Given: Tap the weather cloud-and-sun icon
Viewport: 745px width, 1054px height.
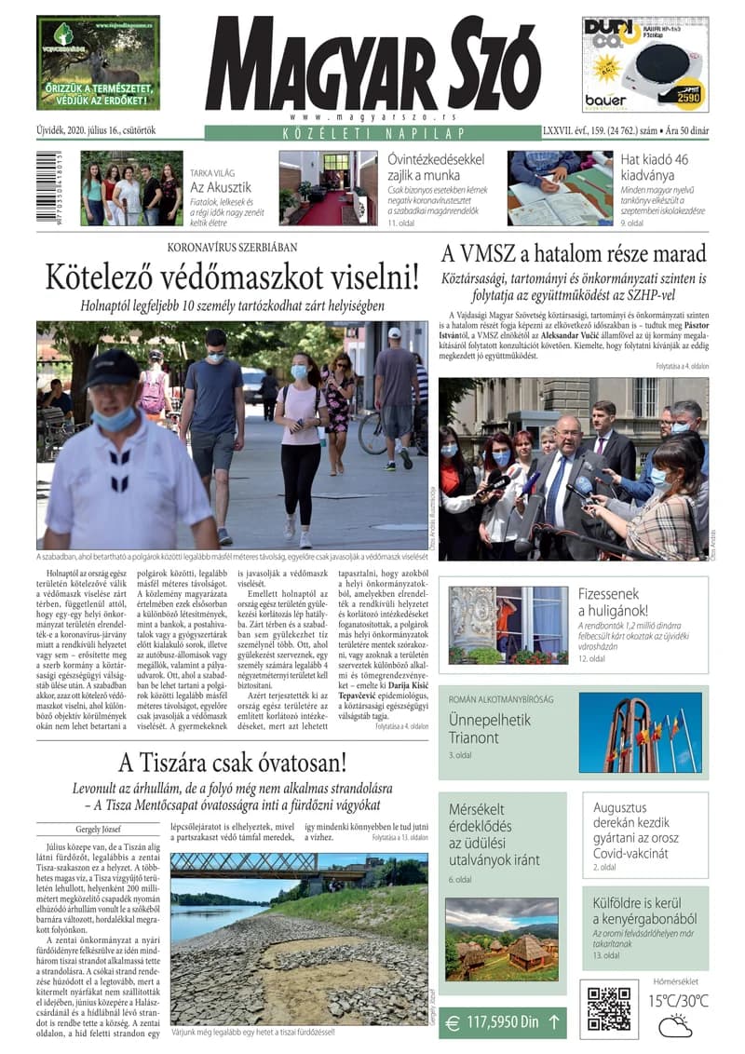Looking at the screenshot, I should (675, 1026).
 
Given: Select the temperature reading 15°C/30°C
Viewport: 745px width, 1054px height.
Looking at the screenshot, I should (678, 1001).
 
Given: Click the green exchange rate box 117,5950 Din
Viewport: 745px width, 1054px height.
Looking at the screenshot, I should (502, 1021).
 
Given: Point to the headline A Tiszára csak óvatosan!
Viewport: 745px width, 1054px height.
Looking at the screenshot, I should (232, 763).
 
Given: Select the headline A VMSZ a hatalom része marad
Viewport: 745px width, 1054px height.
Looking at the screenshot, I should (574, 253).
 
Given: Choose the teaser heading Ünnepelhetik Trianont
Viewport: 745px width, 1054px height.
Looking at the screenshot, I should (490, 729).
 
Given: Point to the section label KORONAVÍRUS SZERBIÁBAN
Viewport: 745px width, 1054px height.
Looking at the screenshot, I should (232, 247).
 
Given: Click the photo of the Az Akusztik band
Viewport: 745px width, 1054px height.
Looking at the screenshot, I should (130, 188).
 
